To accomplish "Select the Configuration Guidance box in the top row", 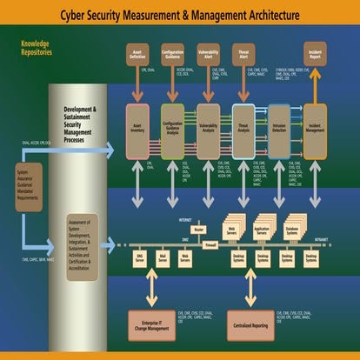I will [x=173, y=54].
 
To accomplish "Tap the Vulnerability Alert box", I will [x=208, y=54].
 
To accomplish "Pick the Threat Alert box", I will [x=243, y=54].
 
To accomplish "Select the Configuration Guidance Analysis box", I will [x=173, y=130].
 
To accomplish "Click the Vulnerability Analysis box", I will [x=208, y=130].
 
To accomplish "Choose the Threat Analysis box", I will [x=243, y=130].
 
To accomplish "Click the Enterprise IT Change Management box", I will [x=153, y=324].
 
